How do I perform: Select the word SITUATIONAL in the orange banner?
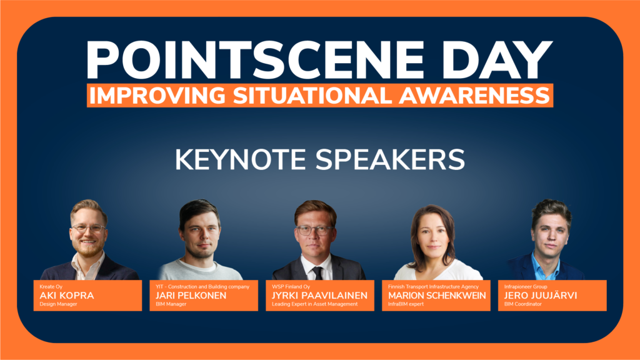(x=313, y=96)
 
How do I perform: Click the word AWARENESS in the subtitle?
(x=474, y=96)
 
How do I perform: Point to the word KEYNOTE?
(x=241, y=159)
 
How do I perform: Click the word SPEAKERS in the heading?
(x=390, y=159)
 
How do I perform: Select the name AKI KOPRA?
(x=66, y=296)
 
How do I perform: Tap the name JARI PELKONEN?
(x=191, y=296)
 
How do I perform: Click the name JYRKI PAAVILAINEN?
(x=319, y=296)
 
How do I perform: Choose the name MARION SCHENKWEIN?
(x=437, y=296)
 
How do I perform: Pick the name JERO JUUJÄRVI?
(x=541, y=295)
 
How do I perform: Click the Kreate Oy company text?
(x=51, y=286)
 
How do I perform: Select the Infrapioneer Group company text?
(x=526, y=286)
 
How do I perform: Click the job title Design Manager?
(x=58, y=304)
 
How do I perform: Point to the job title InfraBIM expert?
(x=406, y=304)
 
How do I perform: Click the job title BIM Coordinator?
(x=523, y=304)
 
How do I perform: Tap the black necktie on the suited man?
(x=317, y=273)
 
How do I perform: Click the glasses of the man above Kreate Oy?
(x=89, y=229)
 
